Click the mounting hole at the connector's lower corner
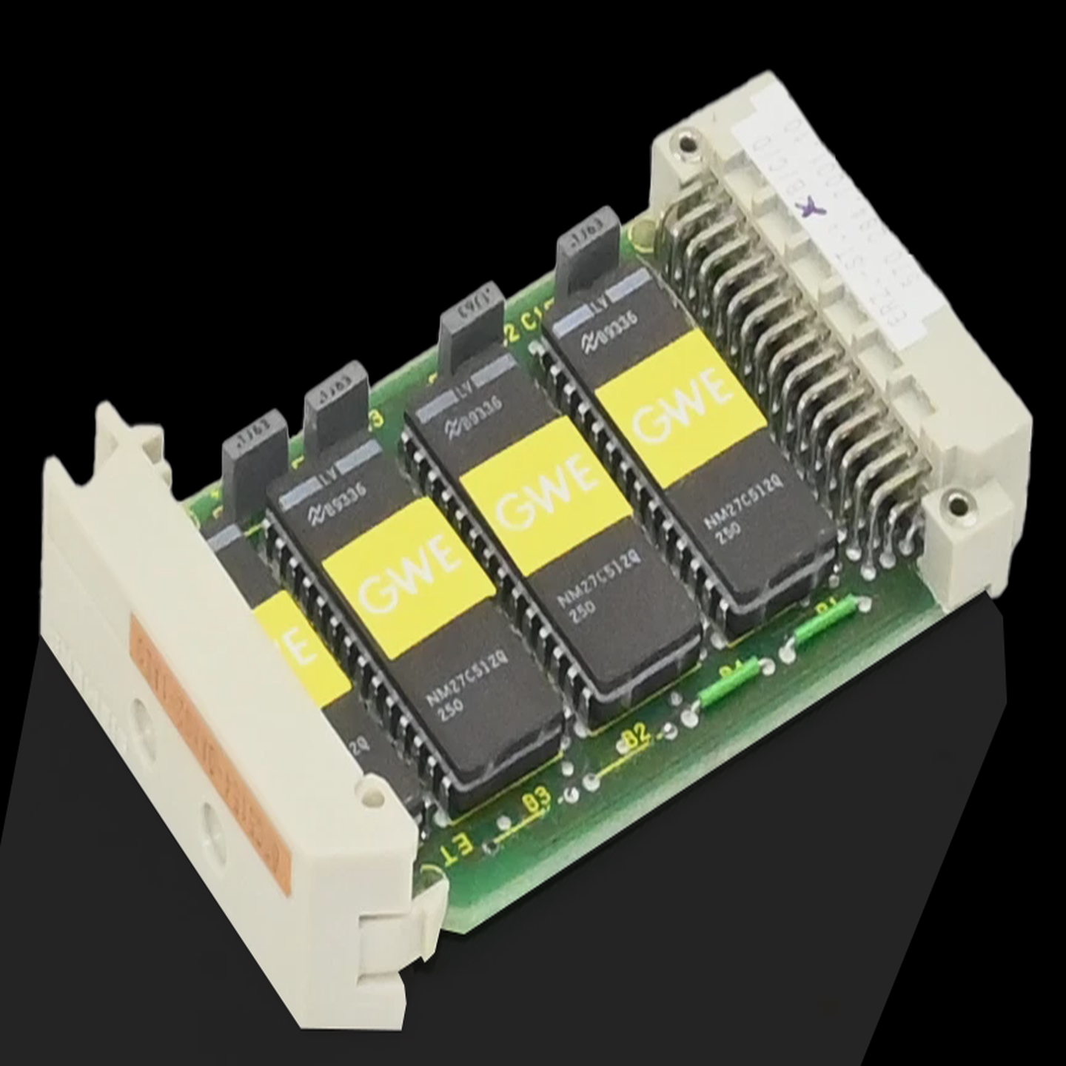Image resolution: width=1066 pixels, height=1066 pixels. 957,505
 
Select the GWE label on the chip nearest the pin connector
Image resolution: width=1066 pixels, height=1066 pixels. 680,409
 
